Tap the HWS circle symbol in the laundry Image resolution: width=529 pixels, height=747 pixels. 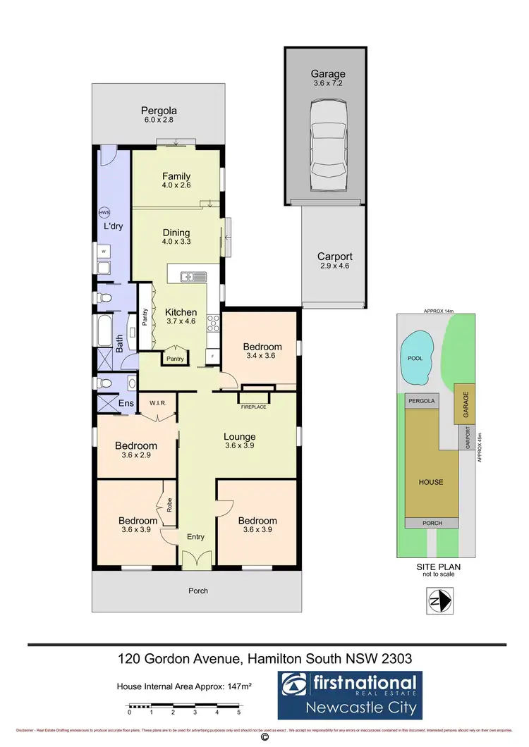coord(104,212)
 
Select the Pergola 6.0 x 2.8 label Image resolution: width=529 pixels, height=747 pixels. coord(157,115)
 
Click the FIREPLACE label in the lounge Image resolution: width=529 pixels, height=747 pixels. coord(254,407)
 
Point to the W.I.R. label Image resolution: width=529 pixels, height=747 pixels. coord(157,404)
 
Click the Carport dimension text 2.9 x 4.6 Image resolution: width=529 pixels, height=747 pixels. coord(334,266)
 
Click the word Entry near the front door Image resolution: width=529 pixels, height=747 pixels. coord(195,537)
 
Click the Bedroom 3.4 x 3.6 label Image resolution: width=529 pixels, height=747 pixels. coord(262,351)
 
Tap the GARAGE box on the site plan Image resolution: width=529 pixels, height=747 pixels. coord(466,403)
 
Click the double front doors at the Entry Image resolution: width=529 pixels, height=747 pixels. coord(196,560)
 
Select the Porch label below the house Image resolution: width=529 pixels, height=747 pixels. coord(199,591)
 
